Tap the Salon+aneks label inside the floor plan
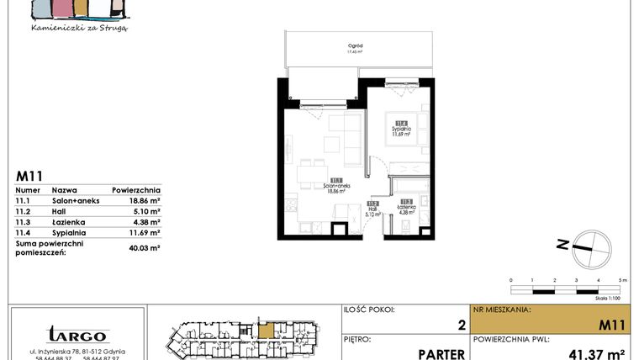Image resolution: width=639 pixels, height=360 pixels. [x=336, y=188]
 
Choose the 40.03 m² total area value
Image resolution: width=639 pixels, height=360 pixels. [x=145, y=247]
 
